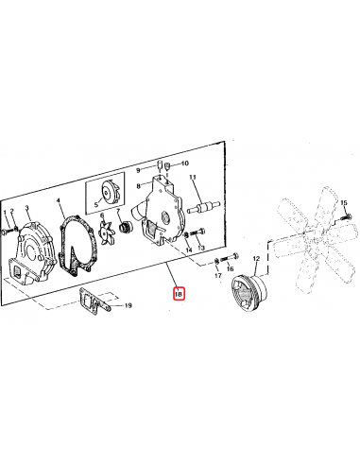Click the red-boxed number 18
click(x=179, y=295)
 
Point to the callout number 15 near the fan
click(x=345, y=203)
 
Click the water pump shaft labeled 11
click(x=203, y=201)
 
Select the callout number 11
click(x=193, y=178)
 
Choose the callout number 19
click(x=129, y=306)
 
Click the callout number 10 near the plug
click(x=185, y=163)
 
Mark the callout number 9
click(x=138, y=170)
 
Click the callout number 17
click(x=217, y=277)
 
